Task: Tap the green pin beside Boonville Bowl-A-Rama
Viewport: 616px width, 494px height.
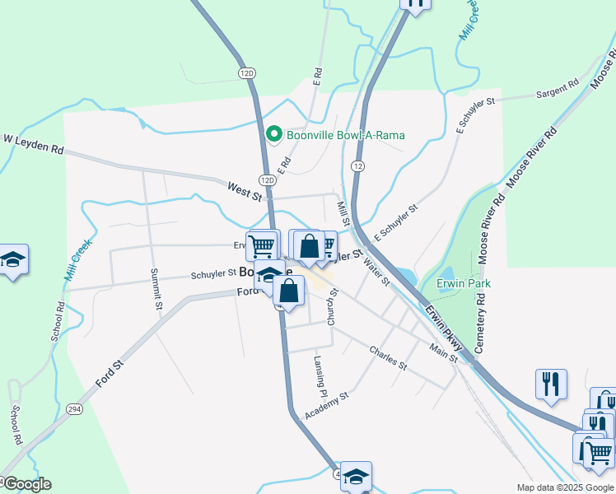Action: (273, 133)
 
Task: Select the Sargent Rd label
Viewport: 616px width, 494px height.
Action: (558, 89)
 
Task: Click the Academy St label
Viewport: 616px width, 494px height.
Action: (327, 404)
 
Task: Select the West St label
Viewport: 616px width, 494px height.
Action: (245, 193)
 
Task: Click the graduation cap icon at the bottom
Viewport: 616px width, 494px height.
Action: (356, 477)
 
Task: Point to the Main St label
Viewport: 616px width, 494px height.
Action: (443, 352)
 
